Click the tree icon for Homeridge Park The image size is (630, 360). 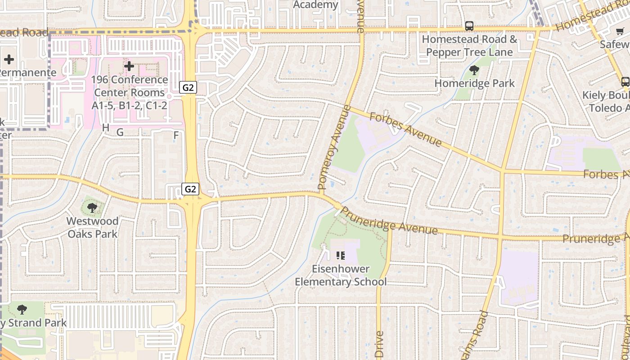tap(474, 70)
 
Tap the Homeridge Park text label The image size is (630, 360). tap(474, 83)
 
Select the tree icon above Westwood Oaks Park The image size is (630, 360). tap(92, 207)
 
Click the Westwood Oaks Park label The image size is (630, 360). tap(93, 227)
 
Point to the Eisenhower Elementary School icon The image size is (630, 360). tap(341, 256)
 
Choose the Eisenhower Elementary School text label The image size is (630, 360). tap(341, 275)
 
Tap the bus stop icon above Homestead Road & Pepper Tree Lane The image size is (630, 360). tap(469, 26)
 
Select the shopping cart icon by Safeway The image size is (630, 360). tap(620, 31)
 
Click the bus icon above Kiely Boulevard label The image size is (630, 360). tap(625, 81)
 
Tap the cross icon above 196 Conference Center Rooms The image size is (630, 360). tap(129, 67)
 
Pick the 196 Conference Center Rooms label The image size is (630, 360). tap(130, 92)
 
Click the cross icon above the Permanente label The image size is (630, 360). tap(9, 59)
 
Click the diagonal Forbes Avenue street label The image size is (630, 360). tap(405, 130)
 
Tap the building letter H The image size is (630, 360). tap(106, 128)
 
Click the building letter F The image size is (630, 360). tap(176, 135)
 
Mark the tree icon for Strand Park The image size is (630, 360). tap(22, 310)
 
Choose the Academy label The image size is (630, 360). tap(315, 5)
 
